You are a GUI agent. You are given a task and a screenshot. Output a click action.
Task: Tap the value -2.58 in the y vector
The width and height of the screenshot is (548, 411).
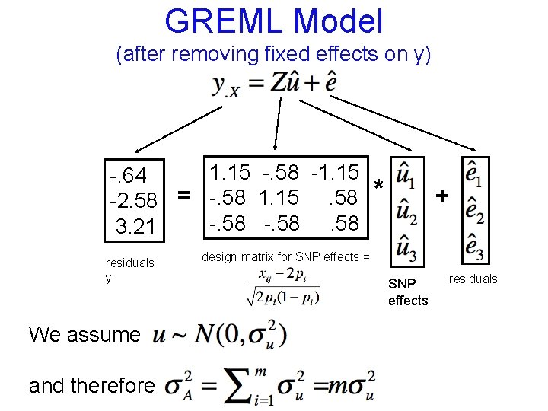point(134,202)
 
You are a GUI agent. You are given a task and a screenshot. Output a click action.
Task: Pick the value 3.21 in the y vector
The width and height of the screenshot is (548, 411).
point(135,226)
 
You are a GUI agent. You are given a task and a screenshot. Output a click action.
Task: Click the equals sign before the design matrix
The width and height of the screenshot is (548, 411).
point(183,196)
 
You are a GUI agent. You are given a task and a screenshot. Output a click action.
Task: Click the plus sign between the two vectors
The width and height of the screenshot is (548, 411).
point(441,196)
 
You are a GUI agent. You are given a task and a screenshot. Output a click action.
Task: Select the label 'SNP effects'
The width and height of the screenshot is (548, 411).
point(408,292)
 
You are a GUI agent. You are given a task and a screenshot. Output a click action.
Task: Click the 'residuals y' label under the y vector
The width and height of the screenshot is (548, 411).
point(129,270)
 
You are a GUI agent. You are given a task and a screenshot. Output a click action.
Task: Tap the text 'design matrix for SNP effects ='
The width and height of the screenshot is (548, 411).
point(285,257)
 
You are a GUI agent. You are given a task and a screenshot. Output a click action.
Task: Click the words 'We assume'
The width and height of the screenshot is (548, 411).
point(84,334)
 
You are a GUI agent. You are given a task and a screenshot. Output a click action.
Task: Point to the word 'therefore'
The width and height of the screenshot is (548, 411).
point(115,386)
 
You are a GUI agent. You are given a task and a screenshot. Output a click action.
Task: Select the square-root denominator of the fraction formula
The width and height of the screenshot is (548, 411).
point(282,297)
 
